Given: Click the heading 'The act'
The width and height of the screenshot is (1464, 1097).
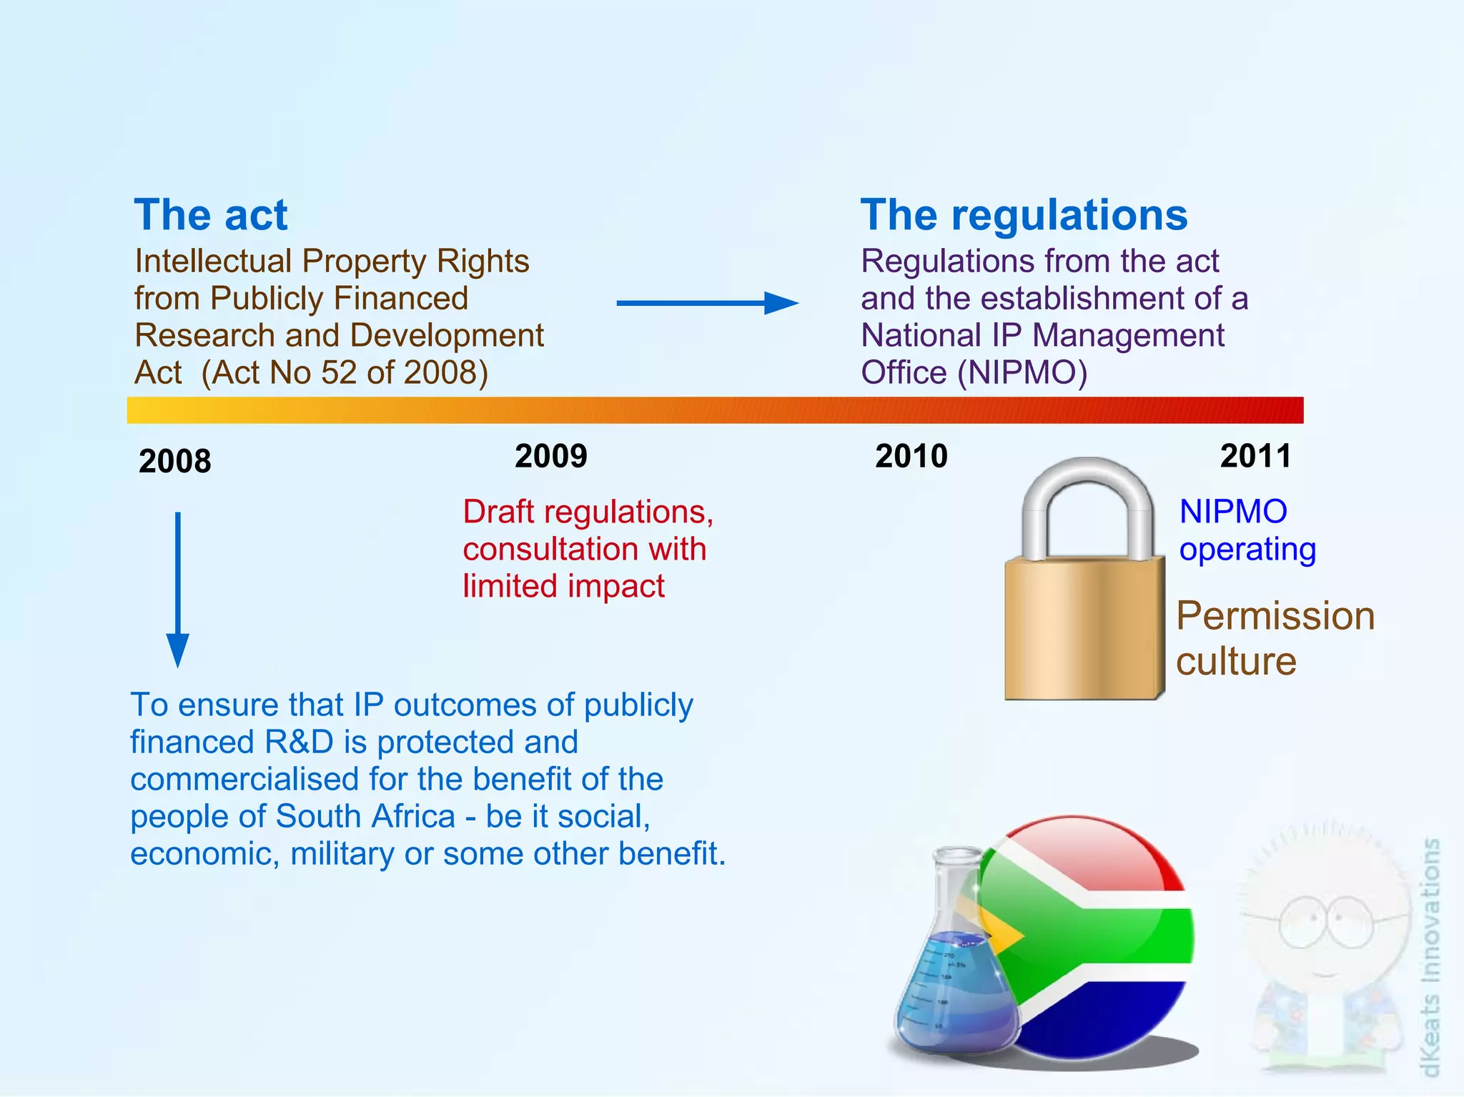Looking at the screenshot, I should pos(210,215).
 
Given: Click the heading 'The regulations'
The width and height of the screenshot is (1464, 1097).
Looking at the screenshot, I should pos(1023,215).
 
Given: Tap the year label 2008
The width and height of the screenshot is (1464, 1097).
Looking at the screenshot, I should pos(175,461).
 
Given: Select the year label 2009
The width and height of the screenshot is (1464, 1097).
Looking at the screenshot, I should pos(550,456).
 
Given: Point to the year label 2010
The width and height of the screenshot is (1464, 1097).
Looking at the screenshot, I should pos(911,456).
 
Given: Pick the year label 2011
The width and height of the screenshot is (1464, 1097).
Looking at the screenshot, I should pos(1255,456).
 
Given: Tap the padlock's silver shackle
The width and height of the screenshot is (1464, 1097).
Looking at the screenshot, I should pos(1087,493).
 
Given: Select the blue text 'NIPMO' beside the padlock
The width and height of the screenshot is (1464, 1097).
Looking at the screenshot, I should pos(1233,512).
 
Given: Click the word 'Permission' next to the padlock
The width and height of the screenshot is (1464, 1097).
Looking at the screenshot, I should pos(1275,616).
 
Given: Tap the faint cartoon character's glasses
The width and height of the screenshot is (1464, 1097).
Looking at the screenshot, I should pos(1326,922).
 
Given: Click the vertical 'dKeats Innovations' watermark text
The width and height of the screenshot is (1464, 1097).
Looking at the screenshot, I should pos(1430,958).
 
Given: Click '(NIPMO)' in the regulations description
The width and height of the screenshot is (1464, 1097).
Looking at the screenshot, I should pos(1022,372).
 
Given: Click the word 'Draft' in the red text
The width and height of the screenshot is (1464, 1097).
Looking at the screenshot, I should pos(498,512).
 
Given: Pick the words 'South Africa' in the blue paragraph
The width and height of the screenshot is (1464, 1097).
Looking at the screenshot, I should pos(365,816).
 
